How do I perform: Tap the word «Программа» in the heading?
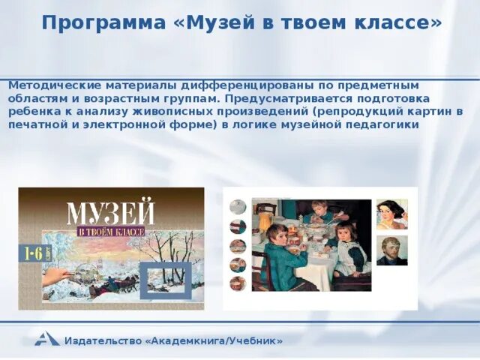[103, 23]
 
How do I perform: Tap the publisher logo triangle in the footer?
[46, 339]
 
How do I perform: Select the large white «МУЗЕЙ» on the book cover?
[111, 211]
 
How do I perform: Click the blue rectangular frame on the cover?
[166, 280]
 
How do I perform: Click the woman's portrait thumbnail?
[391, 214]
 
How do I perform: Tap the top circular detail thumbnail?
[238, 207]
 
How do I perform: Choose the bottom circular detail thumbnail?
[238, 283]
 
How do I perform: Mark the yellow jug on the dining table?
[265, 222]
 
